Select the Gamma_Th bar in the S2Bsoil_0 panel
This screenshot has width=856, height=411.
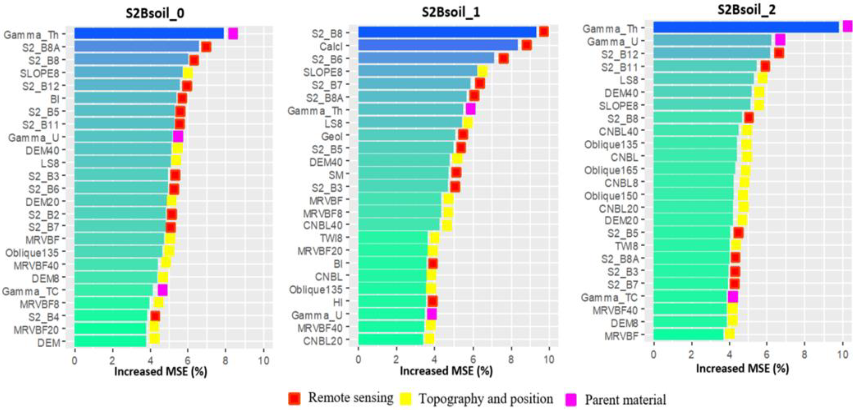(149, 34)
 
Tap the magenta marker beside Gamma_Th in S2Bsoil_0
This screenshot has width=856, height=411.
(233, 34)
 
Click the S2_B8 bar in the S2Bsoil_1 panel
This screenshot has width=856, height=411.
(447, 32)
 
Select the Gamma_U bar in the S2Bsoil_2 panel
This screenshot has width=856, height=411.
(712, 41)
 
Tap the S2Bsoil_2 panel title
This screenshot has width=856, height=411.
(746, 10)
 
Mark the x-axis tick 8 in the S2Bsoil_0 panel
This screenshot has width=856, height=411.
(225, 360)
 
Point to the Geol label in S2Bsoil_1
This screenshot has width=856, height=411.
(332, 136)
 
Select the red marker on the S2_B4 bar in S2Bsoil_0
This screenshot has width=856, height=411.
(155, 316)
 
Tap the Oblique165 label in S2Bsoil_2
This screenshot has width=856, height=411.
(611, 170)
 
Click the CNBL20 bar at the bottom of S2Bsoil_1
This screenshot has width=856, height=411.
(390, 340)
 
